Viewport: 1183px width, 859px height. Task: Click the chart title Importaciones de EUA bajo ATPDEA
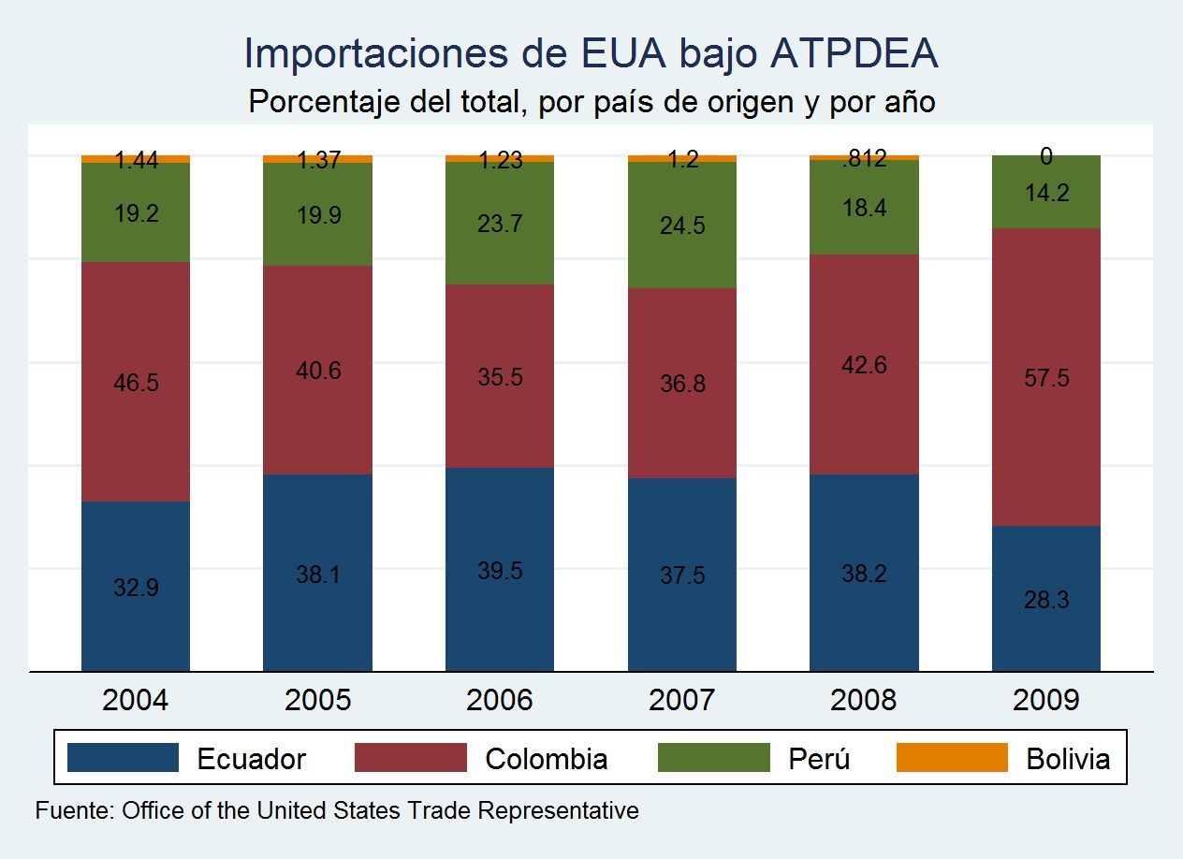(x=591, y=55)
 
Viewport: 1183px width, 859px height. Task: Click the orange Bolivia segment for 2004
(x=136, y=158)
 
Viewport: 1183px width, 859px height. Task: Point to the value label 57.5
(x=1045, y=379)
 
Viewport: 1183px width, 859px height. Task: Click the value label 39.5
(x=500, y=571)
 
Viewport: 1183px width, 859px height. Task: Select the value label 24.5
(x=681, y=227)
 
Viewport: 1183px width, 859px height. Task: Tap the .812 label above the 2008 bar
(x=864, y=159)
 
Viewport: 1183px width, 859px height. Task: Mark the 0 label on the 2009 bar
(x=1045, y=158)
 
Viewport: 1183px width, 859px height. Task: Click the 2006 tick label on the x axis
(x=500, y=700)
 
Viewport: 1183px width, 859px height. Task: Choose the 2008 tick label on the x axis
(x=864, y=700)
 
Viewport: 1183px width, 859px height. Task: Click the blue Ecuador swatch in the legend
(x=123, y=757)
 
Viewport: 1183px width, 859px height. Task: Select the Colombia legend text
(x=546, y=758)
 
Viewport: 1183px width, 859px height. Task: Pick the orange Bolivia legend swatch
(x=952, y=757)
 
